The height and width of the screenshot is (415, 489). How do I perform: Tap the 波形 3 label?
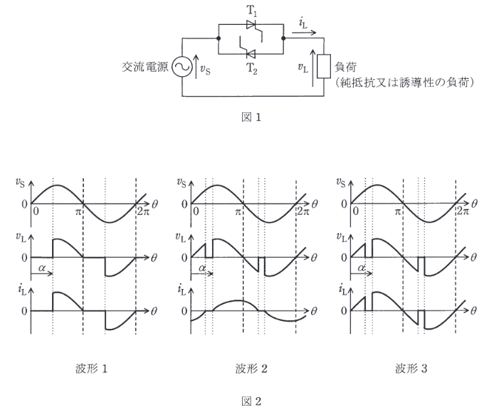tap(409, 368)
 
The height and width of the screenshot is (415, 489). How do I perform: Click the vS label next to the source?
tap(205, 70)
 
